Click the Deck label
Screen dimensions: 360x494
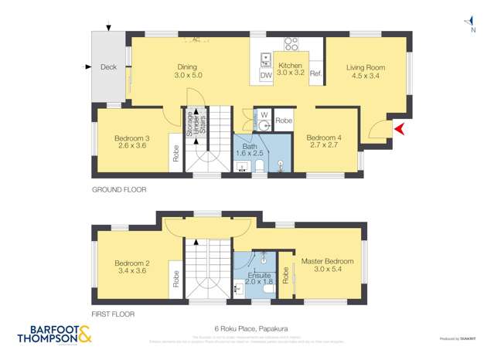(x=109, y=67)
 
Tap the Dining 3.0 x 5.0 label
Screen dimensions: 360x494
(x=187, y=71)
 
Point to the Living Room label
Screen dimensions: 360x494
(x=367, y=72)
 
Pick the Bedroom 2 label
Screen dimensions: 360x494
(x=131, y=267)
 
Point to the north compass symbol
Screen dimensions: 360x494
(x=468, y=24)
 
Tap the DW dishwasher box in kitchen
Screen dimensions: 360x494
(x=265, y=76)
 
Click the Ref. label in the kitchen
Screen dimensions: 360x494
(x=315, y=73)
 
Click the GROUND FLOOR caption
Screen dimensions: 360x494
(x=118, y=189)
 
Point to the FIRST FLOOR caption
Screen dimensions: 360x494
(x=113, y=314)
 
